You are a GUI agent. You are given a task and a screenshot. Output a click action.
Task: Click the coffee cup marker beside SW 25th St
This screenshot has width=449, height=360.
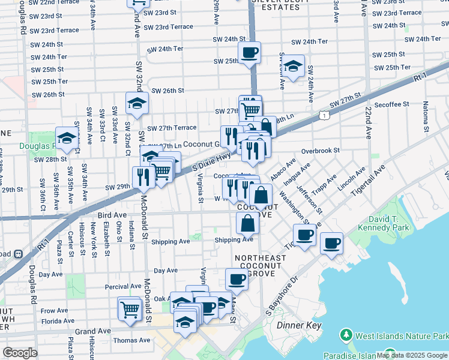tap(249, 52)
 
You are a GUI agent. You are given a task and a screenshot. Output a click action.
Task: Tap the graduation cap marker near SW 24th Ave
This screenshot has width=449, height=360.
tap(294, 66)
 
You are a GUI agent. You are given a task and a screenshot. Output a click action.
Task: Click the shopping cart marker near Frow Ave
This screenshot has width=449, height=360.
tap(130, 309)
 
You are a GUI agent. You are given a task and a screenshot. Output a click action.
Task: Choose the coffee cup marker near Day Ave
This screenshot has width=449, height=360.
tap(237, 279)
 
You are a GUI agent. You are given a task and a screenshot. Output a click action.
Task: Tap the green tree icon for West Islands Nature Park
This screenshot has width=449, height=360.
tap(346, 334)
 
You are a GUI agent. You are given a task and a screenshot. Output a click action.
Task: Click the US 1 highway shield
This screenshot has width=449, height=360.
tap(324, 115)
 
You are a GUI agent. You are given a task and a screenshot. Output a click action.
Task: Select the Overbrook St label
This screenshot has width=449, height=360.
tap(321, 151)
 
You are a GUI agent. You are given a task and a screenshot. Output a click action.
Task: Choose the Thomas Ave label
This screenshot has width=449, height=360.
tap(131, 340)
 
